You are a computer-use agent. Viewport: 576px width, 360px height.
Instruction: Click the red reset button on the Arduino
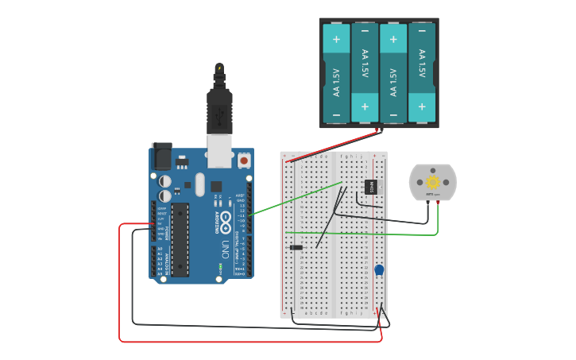(x=243, y=160)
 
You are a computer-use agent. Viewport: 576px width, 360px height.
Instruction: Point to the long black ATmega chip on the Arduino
(x=180, y=239)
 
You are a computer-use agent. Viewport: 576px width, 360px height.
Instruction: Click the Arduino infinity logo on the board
(x=226, y=220)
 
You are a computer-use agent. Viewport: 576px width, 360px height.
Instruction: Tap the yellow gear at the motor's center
(x=433, y=182)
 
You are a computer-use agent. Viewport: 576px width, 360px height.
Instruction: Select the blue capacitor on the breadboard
(x=380, y=270)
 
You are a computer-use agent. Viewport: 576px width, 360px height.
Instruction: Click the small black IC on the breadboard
(x=370, y=187)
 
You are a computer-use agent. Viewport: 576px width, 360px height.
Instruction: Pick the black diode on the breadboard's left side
(x=296, y=248)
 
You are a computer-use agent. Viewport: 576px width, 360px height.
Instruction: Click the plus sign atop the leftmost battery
(x=336, y=38)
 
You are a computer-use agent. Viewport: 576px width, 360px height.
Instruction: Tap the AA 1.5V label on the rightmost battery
(x=422, y=64)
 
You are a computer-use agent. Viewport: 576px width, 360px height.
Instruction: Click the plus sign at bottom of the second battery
(x=365, y=106)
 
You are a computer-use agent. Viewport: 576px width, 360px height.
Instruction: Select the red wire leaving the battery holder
(x=334, y=145)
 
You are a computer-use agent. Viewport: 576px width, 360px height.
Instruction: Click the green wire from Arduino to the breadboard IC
(x=294, y=199)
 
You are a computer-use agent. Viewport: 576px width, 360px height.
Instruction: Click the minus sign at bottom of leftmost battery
(x=336, y=116)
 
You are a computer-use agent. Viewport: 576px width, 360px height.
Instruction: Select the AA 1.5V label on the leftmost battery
(x=336, y=81)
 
